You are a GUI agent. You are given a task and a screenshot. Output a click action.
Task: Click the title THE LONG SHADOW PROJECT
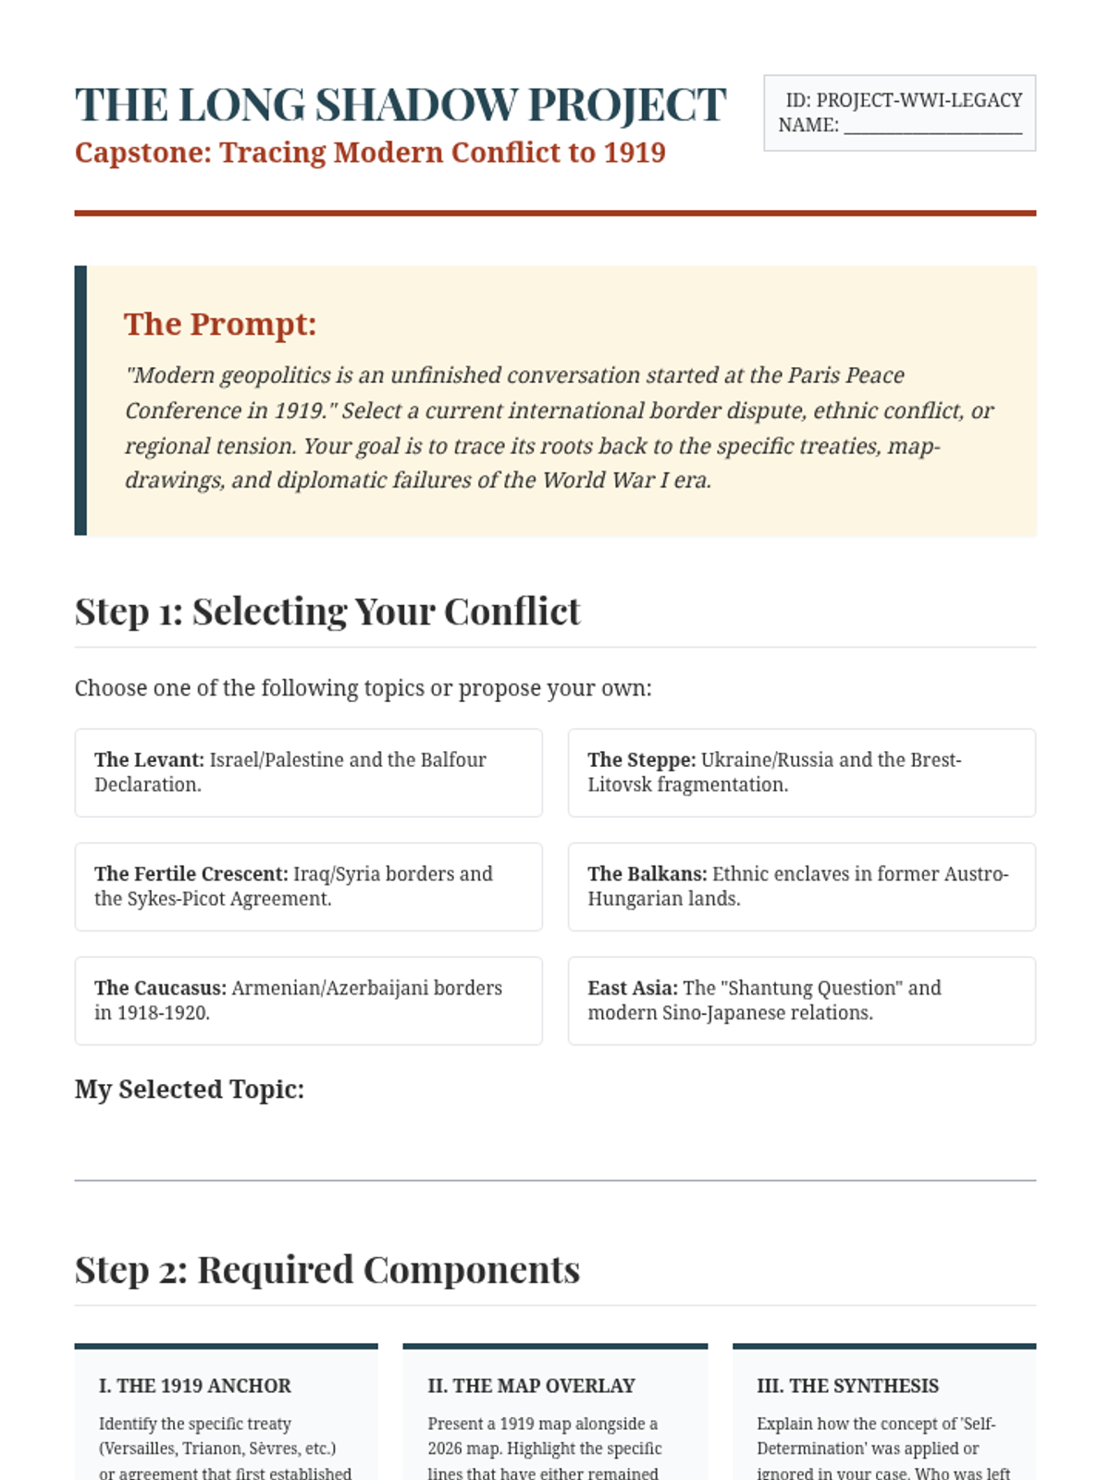pos(401,105)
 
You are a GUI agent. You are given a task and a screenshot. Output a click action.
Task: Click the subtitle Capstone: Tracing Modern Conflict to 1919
pos(370,153)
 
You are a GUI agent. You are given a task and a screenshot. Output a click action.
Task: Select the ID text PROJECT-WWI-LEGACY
pos(919,100)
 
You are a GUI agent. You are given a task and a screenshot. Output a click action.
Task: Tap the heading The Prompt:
pos(220,324)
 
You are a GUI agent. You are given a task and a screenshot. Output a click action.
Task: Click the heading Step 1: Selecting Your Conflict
pos(327,611)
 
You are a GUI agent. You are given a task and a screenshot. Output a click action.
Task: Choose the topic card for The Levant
pos(308,772)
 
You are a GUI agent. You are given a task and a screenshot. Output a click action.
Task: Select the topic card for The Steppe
pos(801,772)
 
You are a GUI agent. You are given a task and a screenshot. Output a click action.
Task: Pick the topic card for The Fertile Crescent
pos(308,886)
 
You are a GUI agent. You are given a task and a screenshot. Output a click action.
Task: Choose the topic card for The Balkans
pos(801,886)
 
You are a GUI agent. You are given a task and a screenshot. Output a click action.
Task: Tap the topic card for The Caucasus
pos(308,1000)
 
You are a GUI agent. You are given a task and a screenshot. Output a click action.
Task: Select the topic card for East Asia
pos(801,1000)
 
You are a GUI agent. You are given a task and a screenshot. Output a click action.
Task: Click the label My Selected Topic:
pos(190,1090)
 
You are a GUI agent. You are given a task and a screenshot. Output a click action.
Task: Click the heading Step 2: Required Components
pos(327,1270)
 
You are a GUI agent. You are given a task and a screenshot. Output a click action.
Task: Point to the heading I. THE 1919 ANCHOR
pos(195,1386)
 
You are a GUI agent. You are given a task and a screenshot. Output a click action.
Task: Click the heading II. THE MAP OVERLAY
pos(531,1386)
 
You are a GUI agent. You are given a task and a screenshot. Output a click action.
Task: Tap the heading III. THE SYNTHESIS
pos(847,1386)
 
